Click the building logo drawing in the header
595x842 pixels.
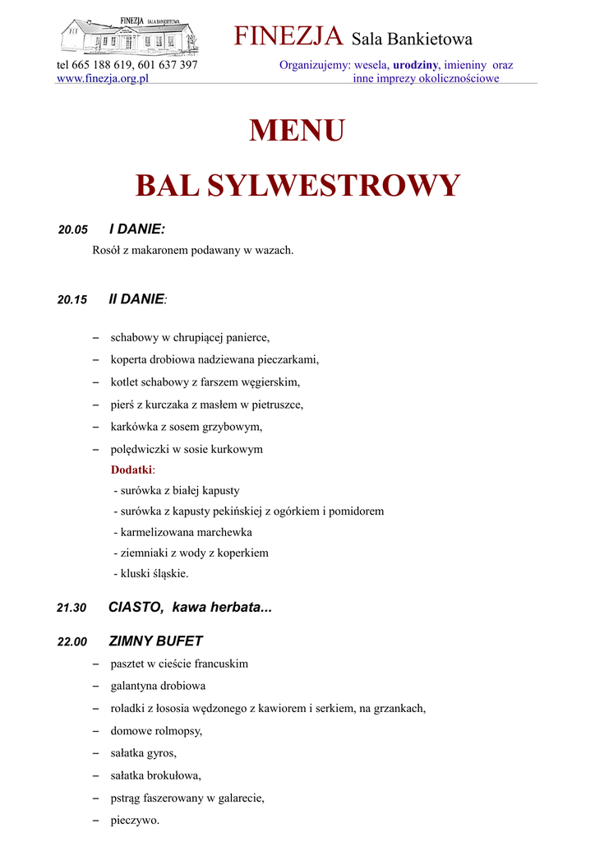click(x=129, y=36)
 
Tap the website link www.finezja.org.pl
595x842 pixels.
click(x=102, y=78)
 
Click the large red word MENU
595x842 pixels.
click(x=297, y=131)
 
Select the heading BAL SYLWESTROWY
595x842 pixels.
click(x=297, y=185)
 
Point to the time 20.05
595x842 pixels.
click(x=72, y=231)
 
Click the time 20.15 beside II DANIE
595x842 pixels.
click(x=72, y=300)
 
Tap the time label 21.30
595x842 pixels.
click(x=71, y=608)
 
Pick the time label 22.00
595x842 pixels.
click(x=71, y=642)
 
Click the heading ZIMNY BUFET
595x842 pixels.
click(x=155, y=641)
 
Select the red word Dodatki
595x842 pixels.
click(x=131, y=470)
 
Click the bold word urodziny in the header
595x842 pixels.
click(x=416, y=64)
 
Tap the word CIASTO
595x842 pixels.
click(x=136, y=608)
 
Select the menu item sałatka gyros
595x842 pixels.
click(x=143, y=752)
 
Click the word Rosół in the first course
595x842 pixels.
click(x=108, y=250)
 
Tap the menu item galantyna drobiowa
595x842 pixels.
click(x=158, y=685)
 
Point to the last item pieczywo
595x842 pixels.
click(x=135, y=820)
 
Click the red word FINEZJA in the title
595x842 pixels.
click(x=288, y=36)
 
